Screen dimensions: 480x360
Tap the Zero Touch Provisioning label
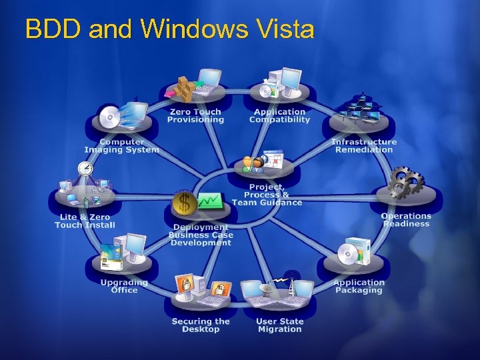click(x=195, y=116)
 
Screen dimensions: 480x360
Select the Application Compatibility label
click(x=279, y=116)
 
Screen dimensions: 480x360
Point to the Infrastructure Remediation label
click(x=364, y=145)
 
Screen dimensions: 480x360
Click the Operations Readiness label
click(x=406, y=220)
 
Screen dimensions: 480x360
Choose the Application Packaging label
click(x=359, y=286)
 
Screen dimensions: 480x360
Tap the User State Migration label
click(x=279, y=325)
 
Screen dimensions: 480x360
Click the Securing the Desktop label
click(x=201, y=325)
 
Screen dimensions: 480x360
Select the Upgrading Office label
click(x=124, y=286)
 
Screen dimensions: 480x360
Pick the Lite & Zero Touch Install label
click(x=85, y=221)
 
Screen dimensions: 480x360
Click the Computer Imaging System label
click(x=121, y=145)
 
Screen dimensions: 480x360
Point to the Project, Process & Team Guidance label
click(x=267, y=195)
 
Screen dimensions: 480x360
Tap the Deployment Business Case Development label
click(x=200, y=235)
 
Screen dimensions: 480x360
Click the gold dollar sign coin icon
click(x=183, y=201)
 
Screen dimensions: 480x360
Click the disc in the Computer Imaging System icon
click(x=109, y=119)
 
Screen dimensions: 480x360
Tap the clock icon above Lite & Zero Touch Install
click(x=86, y=168)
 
